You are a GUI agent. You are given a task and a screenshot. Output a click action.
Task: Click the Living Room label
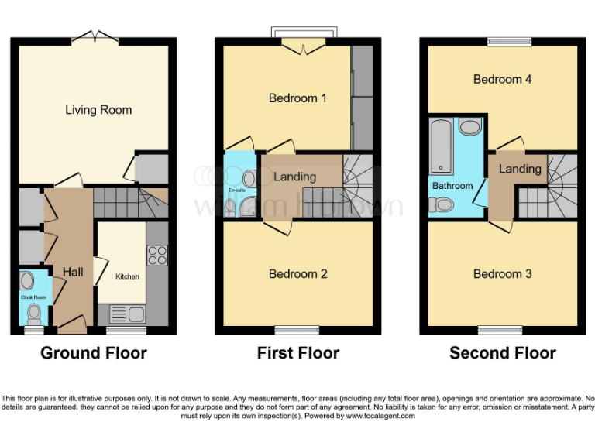[x=98, y=110]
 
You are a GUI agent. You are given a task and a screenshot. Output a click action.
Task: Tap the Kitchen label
[x=128, y=276]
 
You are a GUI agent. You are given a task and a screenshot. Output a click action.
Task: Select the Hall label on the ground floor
[x=73, y=272]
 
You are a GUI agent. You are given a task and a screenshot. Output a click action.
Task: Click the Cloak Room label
[x=33, y=297]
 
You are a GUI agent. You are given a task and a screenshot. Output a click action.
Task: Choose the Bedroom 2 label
[x=297, y=274]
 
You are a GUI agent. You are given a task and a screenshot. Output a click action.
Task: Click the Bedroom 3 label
[x=502, y=274]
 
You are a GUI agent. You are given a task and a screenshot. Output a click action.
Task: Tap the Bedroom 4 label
[x=502, y=79]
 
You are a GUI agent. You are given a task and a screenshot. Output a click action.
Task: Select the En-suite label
[x=236, y=190]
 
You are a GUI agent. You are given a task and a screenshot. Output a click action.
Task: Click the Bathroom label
[x=452, y=186]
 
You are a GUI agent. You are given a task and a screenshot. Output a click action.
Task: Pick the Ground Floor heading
[x=94, y=353]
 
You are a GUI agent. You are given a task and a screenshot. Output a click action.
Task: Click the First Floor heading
[x=298, y=353]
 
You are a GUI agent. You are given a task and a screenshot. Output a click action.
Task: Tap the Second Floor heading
[x=503, y=353]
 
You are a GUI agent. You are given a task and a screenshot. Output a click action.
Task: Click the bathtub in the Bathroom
[x=442, y=146]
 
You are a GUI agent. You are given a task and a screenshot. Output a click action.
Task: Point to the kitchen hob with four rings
[x=157, y=255]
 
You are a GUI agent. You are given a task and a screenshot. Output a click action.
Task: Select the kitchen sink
[x=128, y=314]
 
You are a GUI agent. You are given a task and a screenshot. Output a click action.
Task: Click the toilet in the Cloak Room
[x=33, y=313]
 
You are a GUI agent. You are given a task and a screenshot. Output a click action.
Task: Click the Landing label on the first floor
[x=294, y=177]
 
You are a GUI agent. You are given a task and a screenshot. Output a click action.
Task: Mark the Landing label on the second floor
[x=520, y=169]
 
